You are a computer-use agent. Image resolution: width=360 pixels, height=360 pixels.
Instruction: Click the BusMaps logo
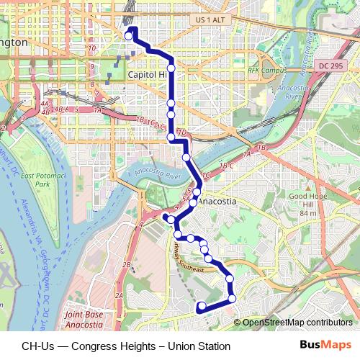(x=326, y=345)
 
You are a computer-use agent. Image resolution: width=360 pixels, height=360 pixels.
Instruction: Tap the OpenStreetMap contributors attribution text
(x=297, y=323)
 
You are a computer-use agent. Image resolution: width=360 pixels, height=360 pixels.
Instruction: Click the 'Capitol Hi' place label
(x=147, y=74)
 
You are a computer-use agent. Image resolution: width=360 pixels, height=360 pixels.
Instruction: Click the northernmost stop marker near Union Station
(x=130, y=35)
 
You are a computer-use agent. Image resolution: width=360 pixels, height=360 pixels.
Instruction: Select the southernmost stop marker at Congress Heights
(x=202, y=307)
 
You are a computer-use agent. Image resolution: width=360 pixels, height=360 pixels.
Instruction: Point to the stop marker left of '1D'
(x=171, y=136)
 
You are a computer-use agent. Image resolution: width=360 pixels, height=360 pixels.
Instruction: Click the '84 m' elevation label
(x=308, y=214)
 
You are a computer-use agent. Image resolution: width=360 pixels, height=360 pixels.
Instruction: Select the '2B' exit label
(x=126, y=266)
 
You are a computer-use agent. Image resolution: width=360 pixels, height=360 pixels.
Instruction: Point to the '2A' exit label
(x=120, y=296)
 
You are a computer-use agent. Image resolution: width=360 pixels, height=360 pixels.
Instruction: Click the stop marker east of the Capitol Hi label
(x=171, y=68)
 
